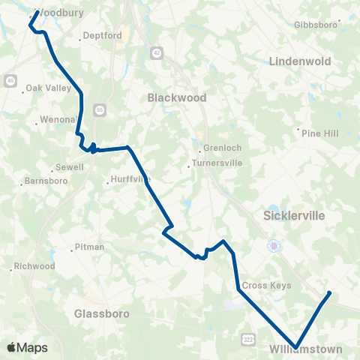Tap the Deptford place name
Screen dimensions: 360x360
pos(102,35)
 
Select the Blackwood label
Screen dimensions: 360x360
pos(176,97)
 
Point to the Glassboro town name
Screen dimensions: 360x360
pos(102,313)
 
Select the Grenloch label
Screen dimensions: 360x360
pos(220,148)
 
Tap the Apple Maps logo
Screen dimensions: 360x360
pos(27,348)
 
